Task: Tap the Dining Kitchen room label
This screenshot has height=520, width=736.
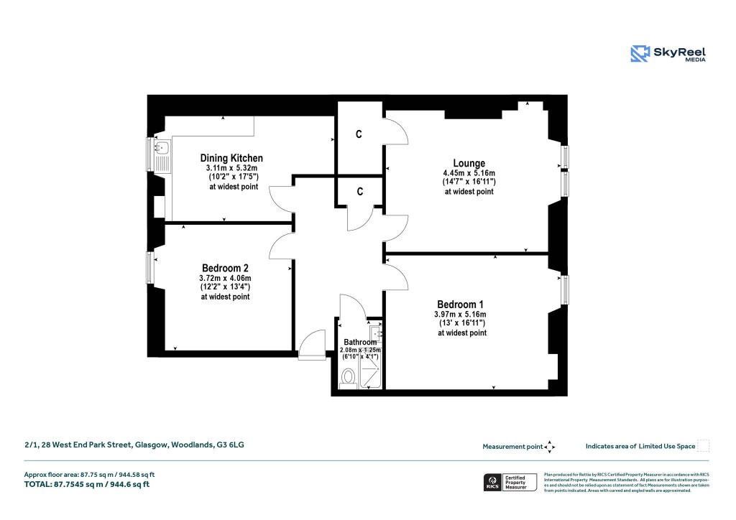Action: pos(231,158)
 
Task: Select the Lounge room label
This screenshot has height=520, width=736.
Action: pos(469,163)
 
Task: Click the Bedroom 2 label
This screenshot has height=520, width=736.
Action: pos(225,268)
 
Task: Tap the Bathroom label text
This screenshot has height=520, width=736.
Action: pos(360,342)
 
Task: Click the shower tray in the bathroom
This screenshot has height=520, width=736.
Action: pos(371,374)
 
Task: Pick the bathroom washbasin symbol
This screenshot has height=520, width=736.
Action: pos(376,333)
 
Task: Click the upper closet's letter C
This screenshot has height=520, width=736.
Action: pos(359,134)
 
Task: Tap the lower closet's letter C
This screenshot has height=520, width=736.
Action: pos(359,191)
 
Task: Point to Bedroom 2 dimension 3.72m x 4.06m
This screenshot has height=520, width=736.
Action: pos(225,278)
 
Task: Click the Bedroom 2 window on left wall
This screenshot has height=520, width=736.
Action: pos(150,267)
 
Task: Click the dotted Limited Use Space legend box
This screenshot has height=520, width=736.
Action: pos(704,446)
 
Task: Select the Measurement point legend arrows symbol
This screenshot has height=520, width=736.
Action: pos(550,447)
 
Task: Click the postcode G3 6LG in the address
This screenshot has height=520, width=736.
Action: pos(231,445)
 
